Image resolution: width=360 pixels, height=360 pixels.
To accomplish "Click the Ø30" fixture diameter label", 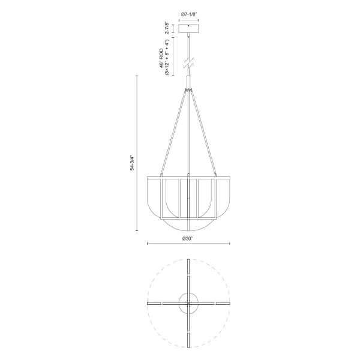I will (x=188, y=238).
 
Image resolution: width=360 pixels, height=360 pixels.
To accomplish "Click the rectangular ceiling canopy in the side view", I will (x=189, y=29).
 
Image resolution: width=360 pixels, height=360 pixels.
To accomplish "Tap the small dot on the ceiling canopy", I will (x=189, y=26).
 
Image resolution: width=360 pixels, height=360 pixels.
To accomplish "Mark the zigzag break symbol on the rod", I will (x=189, y=62).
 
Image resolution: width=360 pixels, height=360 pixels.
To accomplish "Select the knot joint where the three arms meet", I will (x=189, y=90).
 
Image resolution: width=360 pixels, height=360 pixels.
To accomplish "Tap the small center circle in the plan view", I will (x=189, y=304).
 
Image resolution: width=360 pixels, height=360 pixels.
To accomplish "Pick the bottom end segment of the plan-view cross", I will (x=189, y=340).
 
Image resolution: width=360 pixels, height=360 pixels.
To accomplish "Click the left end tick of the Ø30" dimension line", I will (x=148, y=243).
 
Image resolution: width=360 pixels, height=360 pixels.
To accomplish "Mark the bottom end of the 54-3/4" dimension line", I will (x=137, y=231).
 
